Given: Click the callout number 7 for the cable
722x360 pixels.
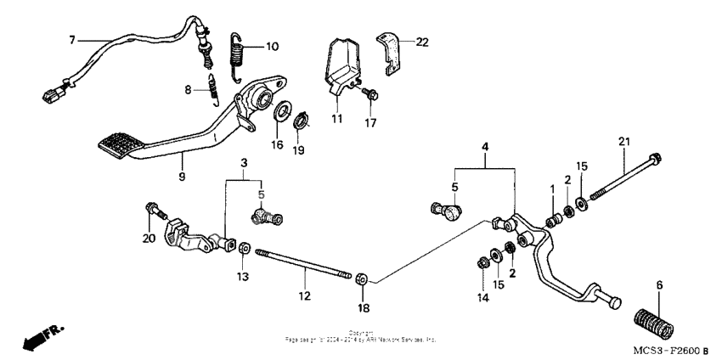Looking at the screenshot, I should pyautogui.click(x=72, y=39).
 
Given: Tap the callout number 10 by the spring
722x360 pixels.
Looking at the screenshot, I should pyautogui.click(x=273, y=47).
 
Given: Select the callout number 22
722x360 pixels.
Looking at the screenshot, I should pyautogui.click(x=422, y=42).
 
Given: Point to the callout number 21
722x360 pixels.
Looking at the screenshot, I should pyautogui.click(x=624, y=141).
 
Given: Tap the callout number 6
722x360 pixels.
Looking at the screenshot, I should pyautogui.click(x=659, y=284).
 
